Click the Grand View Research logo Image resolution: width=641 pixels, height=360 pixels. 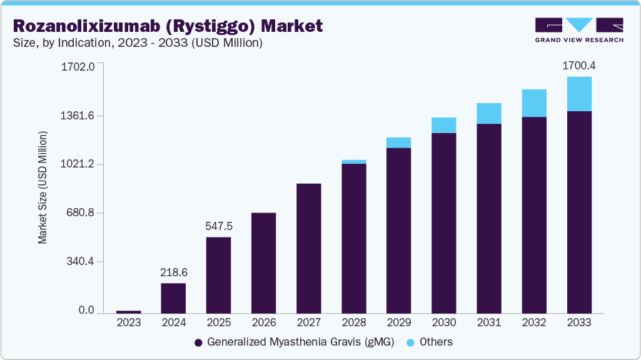tap(579, 30)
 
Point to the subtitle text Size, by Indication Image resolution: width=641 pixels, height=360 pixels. tap(59, 43)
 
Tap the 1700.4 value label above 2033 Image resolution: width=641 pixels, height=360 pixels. tap(579, 65)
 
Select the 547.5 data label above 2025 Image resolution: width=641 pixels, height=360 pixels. tap(219, 226)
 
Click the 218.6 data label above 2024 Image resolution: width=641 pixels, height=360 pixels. tap(174, 272)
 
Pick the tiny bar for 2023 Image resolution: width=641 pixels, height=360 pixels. tap(129, 311)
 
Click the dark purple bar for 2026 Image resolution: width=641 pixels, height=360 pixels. tap(264, 262)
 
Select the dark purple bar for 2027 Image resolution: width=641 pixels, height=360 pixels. tap(309, 248)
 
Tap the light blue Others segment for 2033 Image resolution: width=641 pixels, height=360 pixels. tap(579, 94)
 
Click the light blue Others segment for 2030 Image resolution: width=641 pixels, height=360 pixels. tap(444, 125)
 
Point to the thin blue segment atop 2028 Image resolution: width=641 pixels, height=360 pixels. tap(354, 162)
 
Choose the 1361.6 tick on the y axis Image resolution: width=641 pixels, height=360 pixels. tap(78, 116)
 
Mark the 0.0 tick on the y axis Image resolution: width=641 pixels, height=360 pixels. tap(86, 311)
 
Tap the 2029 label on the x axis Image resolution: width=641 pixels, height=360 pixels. tap(399, 322)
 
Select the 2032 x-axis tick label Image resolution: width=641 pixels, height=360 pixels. tap(534, 322)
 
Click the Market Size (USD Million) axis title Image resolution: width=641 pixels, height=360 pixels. tap(43, 187)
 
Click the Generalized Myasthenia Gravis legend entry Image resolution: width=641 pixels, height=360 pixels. tap(294, 342)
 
